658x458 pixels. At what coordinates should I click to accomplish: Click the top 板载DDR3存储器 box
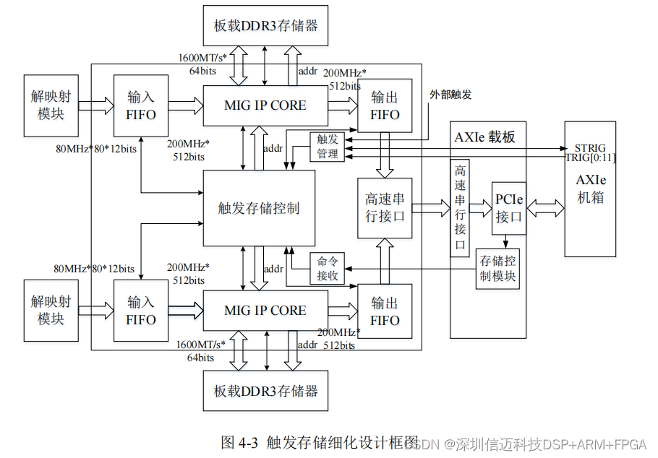pos(266,25)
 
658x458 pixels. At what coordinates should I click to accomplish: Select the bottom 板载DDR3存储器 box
pos(266,391)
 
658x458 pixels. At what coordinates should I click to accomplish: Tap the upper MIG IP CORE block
pos(265,105)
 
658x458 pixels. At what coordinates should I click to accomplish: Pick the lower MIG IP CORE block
pos(265,311)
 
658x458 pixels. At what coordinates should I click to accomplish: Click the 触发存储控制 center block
pos(259,208)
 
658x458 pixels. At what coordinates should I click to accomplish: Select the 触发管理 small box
pos(328,146)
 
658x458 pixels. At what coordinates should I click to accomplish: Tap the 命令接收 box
pos(328,269)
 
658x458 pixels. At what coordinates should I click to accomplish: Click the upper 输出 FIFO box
pos(385,105)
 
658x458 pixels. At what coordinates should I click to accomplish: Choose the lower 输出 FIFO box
pos(385,311)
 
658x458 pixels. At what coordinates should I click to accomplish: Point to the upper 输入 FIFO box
pos(141,105)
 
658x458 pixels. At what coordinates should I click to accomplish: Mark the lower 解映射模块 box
pos(51,311)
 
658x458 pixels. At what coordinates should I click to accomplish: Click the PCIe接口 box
pos(509,208)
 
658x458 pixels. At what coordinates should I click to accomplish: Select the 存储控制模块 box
pos(497,269)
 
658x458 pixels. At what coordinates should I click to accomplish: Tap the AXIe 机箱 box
pos(590,189)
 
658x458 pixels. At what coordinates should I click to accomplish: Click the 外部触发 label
pos(450,94)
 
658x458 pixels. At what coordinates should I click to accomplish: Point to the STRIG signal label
pos(590,148)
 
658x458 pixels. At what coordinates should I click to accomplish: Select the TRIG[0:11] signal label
pos(590,157)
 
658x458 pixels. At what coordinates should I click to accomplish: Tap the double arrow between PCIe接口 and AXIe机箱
pos(545,208)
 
